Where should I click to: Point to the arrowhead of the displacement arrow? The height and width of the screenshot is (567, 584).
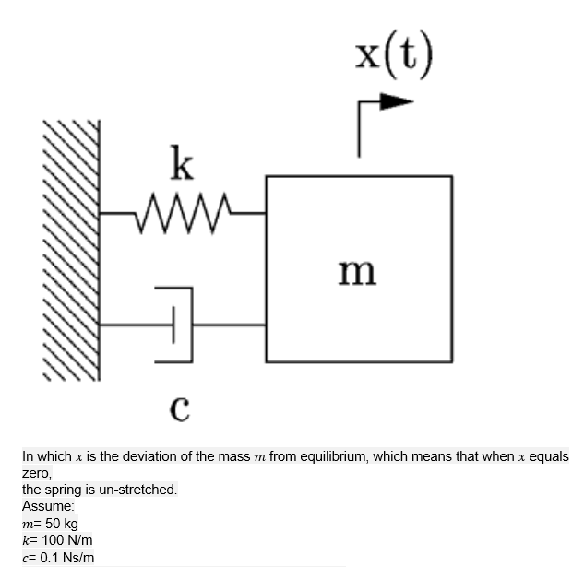398,102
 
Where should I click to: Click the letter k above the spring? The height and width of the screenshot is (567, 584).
183,166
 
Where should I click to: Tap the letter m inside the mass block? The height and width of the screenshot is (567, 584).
358,271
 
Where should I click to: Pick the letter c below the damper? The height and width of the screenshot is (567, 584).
181,406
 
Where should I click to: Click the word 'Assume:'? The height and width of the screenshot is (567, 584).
45,506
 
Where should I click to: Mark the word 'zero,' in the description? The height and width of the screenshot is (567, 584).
37,473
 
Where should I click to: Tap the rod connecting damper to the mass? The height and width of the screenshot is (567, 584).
229,325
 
